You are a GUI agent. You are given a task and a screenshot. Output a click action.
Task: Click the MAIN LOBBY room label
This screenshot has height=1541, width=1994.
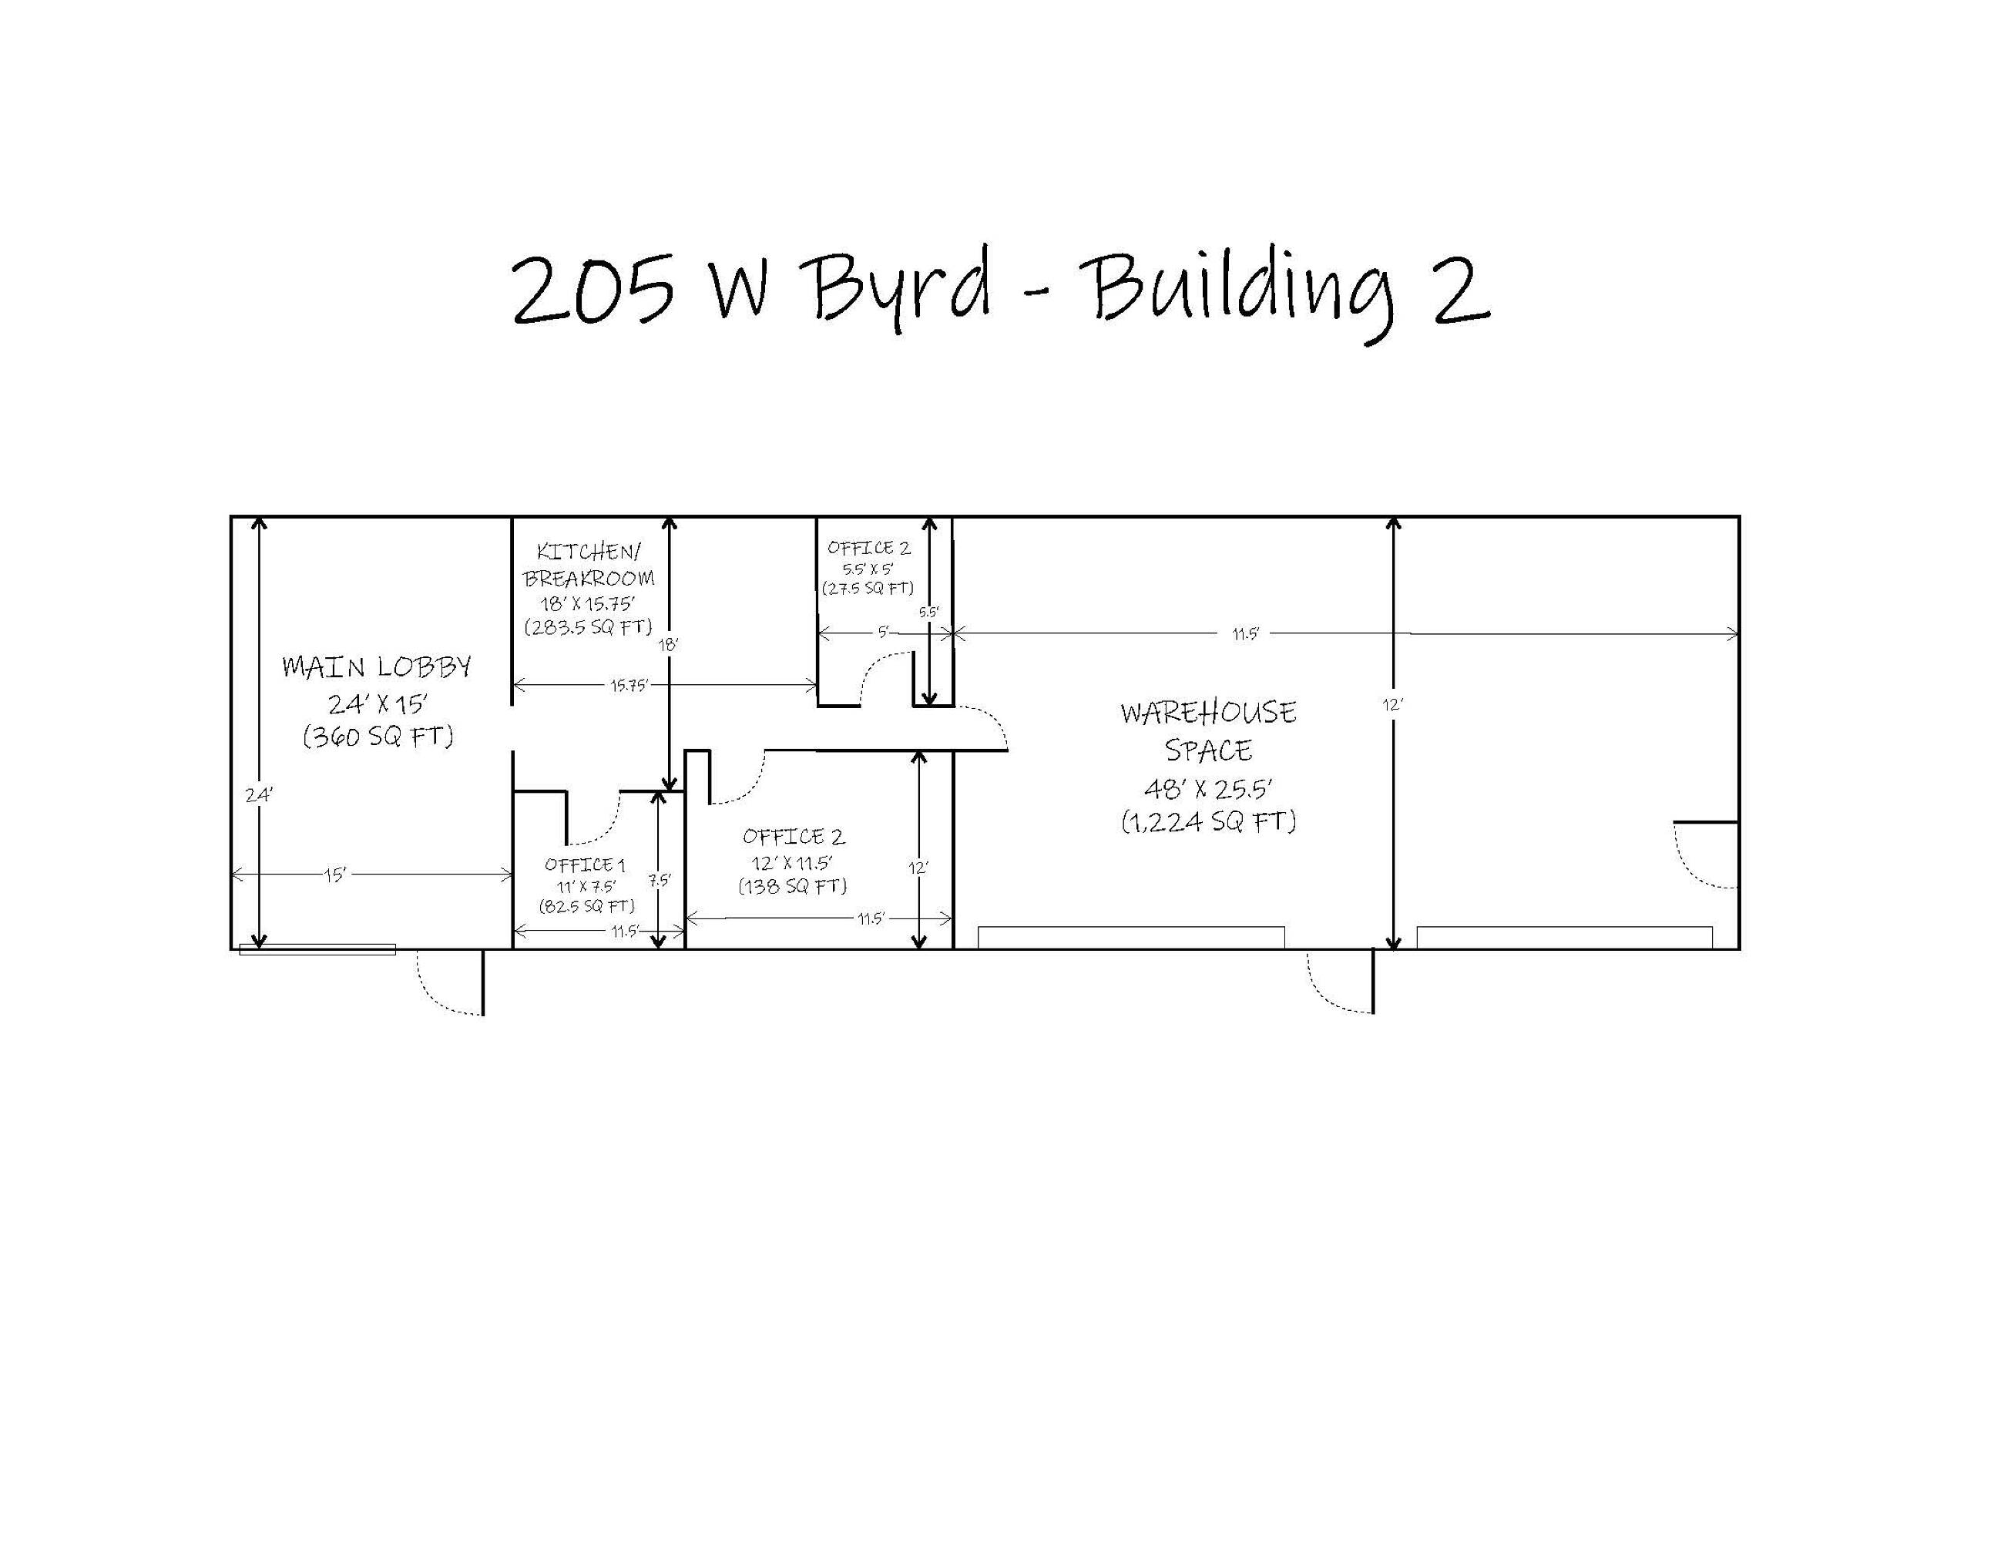(377, 667)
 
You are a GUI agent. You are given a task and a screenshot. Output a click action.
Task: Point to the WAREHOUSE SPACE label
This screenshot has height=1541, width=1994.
(1208, 731)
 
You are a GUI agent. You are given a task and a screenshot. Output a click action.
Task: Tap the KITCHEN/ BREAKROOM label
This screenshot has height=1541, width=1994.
(589, 564)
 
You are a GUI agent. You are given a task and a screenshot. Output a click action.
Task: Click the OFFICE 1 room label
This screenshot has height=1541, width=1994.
(586, 865)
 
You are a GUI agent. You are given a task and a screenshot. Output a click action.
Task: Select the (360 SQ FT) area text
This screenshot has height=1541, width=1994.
(378, 736)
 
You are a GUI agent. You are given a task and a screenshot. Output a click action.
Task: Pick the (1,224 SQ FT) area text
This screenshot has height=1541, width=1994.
(1209, 821)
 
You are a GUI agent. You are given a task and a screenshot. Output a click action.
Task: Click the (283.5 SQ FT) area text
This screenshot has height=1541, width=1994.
(589, 627)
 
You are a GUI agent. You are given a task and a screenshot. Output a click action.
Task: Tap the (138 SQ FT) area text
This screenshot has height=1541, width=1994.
(793, 885)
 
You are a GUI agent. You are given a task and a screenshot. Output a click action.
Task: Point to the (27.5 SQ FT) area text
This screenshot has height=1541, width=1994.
(868, 589)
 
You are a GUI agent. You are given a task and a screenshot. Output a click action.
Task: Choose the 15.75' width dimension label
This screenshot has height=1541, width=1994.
(629, 686)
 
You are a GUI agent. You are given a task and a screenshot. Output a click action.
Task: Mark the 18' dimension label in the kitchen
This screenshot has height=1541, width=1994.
(670, 644)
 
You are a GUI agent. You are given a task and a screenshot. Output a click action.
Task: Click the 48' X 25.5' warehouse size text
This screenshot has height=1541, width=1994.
(1209, 789)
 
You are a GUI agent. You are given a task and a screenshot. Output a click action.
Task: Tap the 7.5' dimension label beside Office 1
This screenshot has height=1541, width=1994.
(660, 881)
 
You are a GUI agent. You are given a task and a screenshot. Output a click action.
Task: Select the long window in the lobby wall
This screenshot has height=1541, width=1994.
(317, 949)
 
